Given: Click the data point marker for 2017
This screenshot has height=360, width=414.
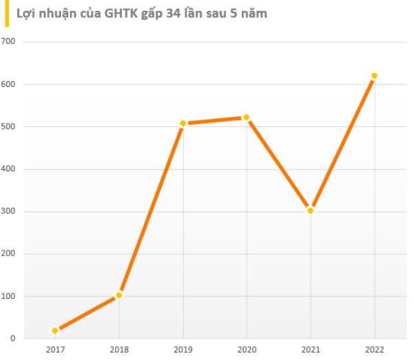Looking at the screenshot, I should (55, 331).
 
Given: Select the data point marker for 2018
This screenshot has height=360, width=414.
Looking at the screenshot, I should (119, 295).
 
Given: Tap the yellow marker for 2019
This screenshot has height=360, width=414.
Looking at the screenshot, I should (183, 123).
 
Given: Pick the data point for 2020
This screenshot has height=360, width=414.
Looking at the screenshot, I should (246, 118).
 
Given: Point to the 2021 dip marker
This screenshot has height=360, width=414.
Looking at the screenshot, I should (310, 211).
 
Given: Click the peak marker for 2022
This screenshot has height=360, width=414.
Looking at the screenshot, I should (374, 76).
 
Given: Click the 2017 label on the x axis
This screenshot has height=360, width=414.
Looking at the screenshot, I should (55, 350).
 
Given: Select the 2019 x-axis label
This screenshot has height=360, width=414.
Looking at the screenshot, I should (183, 350).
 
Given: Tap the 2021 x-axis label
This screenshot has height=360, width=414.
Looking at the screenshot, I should (310, 350).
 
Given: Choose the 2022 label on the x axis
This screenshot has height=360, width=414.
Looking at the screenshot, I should (374, 350).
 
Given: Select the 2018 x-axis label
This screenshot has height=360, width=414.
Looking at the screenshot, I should (119, 350).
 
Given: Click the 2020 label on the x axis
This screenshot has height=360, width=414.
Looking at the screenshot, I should (246, 350).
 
